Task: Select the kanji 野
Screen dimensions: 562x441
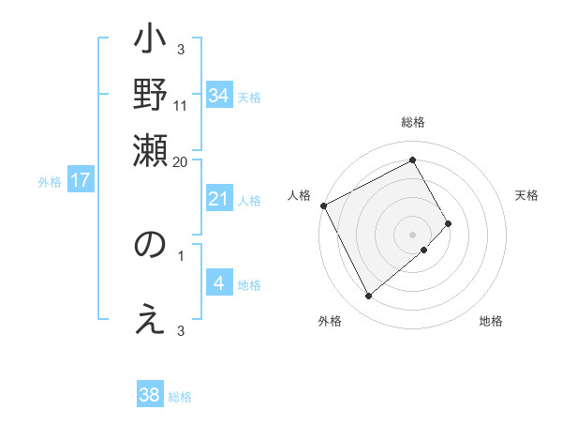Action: [x=151, y=95]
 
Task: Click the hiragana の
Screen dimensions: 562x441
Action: [x=151, y=246]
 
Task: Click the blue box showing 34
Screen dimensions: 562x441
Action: [x=219, y=95]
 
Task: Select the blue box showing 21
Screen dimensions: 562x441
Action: [x=219, y=199]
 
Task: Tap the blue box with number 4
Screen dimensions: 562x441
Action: [x=219, y=283]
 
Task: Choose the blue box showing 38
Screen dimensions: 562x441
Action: [x=150, y=395]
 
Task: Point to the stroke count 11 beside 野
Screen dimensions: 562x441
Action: [x=181, y=105]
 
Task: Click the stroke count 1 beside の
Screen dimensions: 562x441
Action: [x=181, y=253]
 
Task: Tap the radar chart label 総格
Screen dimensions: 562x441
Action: [x=412, y=123]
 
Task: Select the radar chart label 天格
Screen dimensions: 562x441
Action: [x=526, y=195]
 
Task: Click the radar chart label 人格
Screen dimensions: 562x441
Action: [x=300, y=195]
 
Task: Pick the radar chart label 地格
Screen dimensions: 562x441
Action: [x=491, y=322]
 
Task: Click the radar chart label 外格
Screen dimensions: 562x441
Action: [x=330, y=322]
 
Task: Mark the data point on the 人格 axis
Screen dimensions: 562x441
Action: [x=323, y=205]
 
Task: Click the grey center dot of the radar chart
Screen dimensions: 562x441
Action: [x=412, y=234]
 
